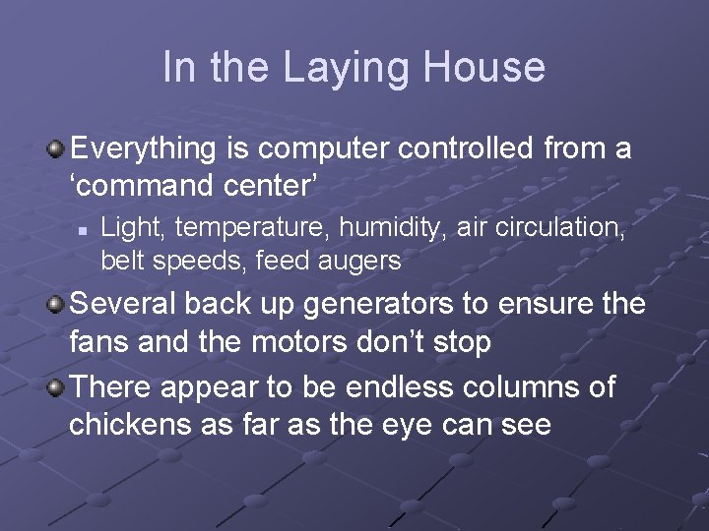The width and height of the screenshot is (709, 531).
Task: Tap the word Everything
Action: pos(144,150)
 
